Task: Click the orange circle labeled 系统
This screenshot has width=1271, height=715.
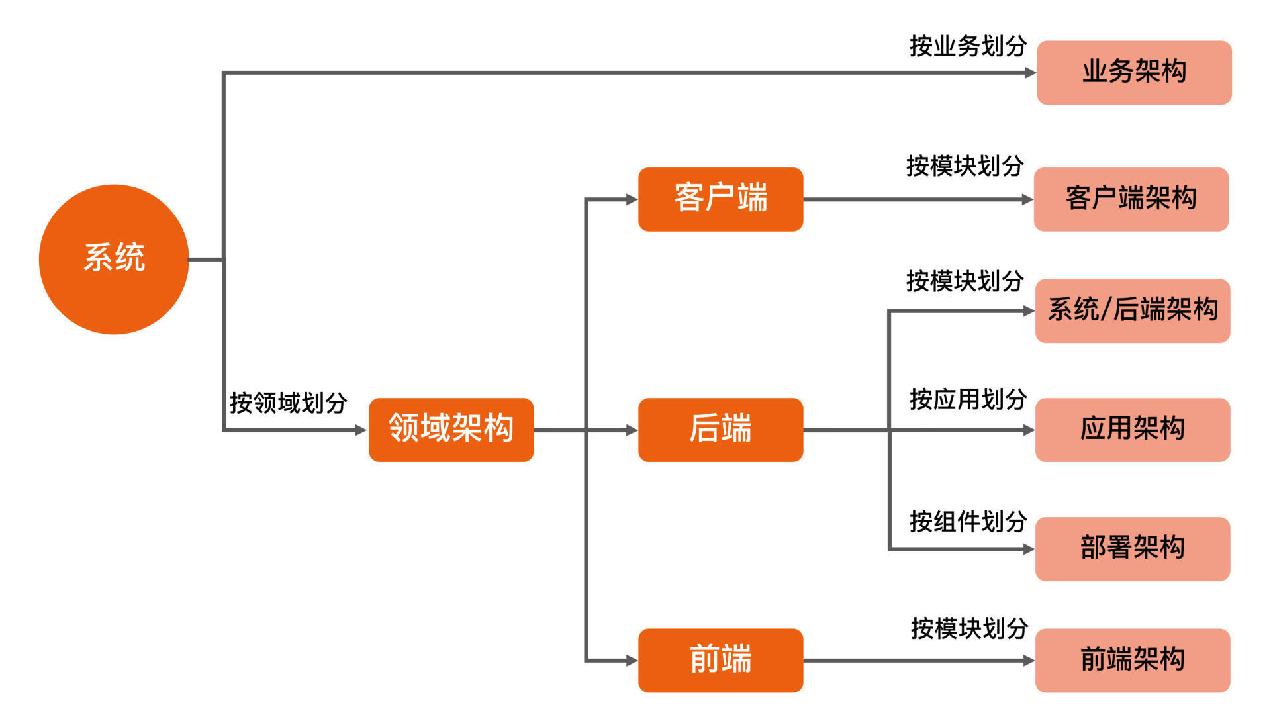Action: [114, 259]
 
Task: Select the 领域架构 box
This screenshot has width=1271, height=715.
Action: [451, 430]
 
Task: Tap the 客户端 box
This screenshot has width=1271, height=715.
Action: [720, 199]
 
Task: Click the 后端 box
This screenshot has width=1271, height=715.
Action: [720, 430]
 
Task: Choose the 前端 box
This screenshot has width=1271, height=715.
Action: [720, 660]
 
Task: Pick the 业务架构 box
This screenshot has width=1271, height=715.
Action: [1134, 72]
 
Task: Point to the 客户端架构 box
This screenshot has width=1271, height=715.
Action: [1131, 199]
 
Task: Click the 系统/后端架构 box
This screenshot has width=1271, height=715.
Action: [1133, 310]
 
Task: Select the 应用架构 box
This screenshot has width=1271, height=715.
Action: [1133, 430]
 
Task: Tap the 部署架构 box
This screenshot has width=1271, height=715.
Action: [1133, 549]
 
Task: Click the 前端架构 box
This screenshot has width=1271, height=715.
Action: [1133, 660]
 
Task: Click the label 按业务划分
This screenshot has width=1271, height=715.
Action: [968, 46]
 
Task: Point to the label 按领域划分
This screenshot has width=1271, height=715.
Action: [288, 403]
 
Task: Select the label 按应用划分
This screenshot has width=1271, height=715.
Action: [968, 399]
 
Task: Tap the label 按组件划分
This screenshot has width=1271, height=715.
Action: [968, 522]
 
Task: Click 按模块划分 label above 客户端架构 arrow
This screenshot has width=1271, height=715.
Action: [965, 166]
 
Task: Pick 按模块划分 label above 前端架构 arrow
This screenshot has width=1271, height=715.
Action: [969, 628]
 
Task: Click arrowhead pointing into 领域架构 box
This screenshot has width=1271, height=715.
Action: [361, 430]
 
